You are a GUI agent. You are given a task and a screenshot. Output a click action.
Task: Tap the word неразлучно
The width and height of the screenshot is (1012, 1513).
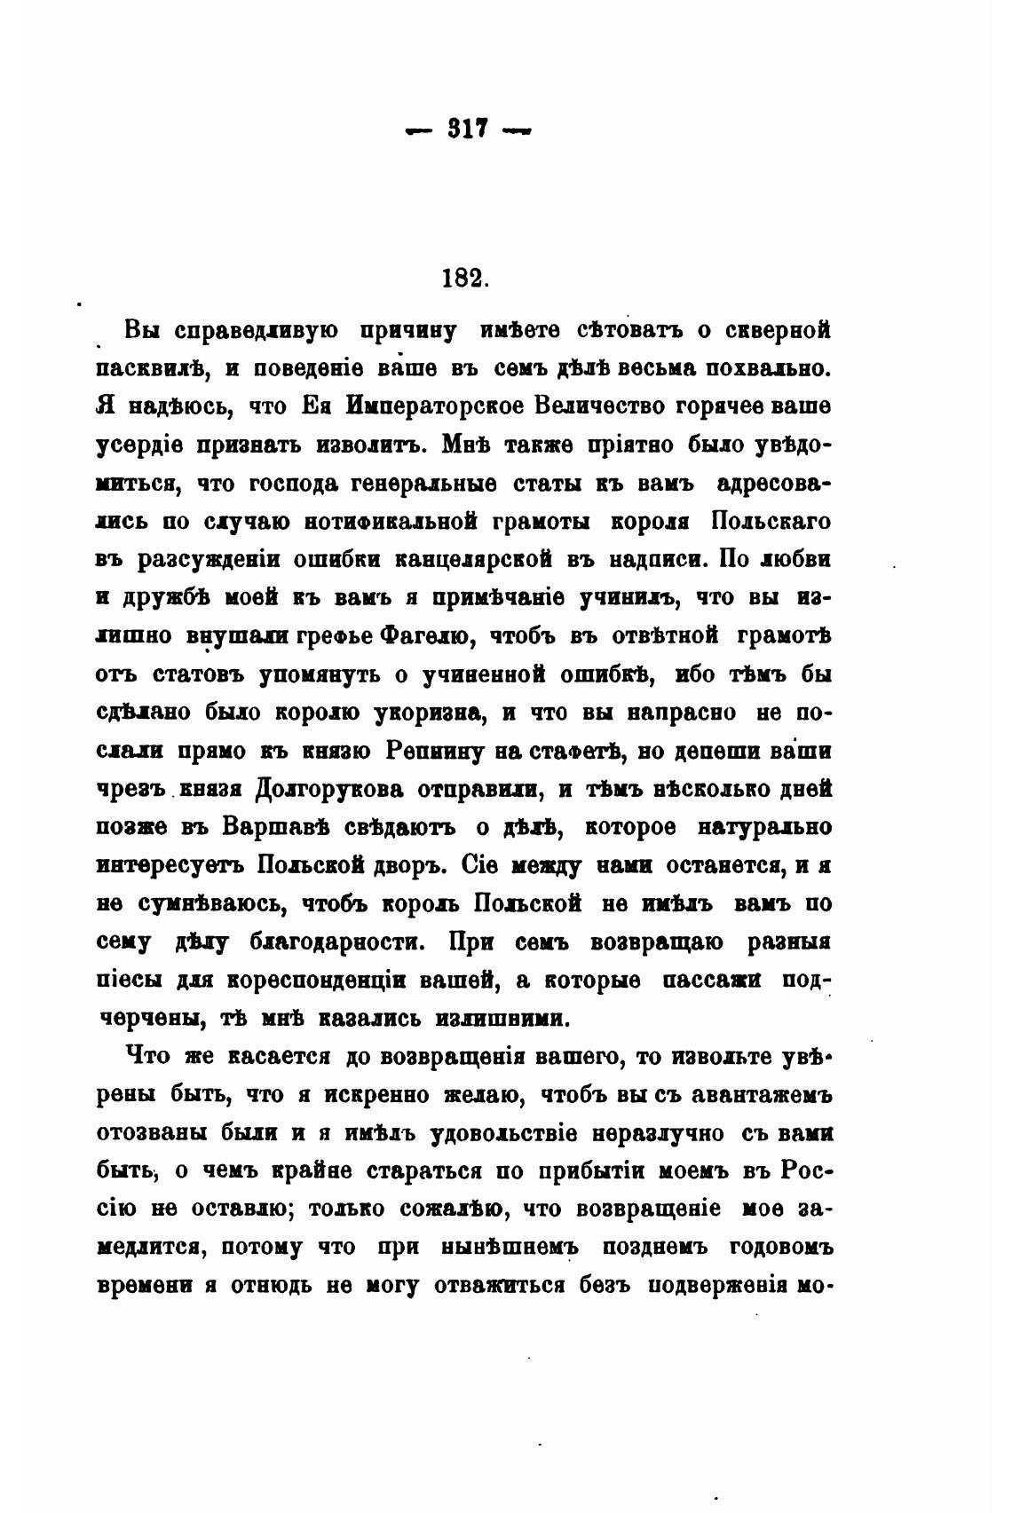click(675, 1133)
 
